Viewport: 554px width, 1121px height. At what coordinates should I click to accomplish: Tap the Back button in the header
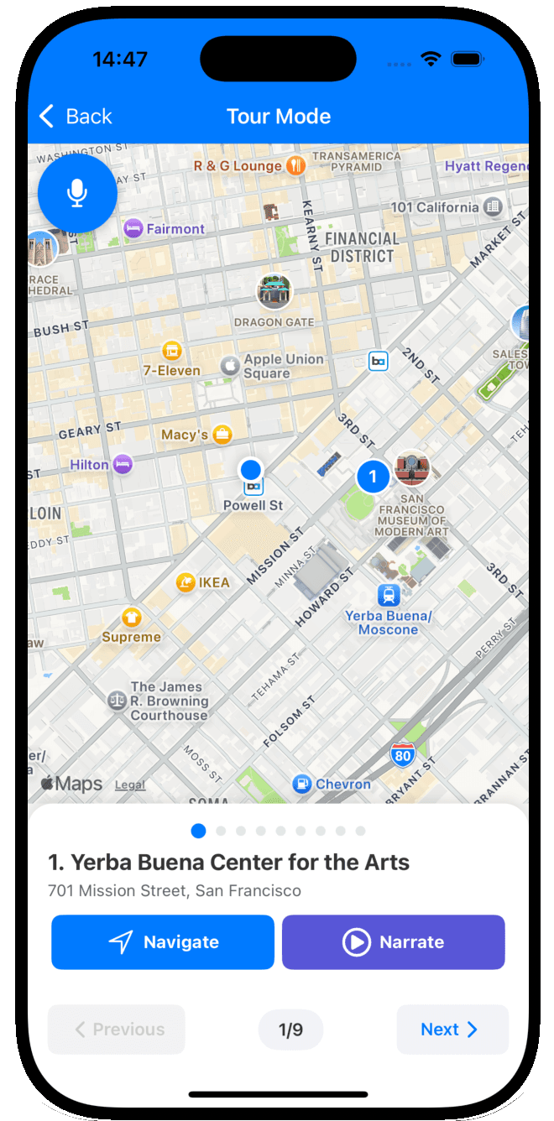76,117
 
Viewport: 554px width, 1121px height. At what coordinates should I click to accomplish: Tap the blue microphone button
77,193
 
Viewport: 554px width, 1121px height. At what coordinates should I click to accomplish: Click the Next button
452,1030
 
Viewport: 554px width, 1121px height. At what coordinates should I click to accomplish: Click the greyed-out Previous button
117,1030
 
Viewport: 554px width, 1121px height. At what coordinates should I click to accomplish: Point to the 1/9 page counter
290,1030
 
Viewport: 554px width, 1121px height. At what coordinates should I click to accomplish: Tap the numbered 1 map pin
373,477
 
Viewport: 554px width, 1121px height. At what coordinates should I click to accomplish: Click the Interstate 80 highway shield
403,755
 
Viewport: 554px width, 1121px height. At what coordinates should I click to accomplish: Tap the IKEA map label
213,582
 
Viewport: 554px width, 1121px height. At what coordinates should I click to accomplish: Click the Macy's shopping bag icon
222,435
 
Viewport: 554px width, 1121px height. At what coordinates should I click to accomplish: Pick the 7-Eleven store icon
172,350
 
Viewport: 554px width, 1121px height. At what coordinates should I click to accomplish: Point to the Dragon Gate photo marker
274,292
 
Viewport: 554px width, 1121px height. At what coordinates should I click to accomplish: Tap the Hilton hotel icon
123,464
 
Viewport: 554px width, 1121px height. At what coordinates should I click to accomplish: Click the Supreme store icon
131,618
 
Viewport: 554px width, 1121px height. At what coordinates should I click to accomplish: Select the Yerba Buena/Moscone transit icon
388,596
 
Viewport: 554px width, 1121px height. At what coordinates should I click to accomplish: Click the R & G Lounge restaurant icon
295,165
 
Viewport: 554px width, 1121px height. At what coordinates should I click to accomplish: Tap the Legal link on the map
130,785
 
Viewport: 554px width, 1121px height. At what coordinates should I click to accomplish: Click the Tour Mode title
279,117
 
